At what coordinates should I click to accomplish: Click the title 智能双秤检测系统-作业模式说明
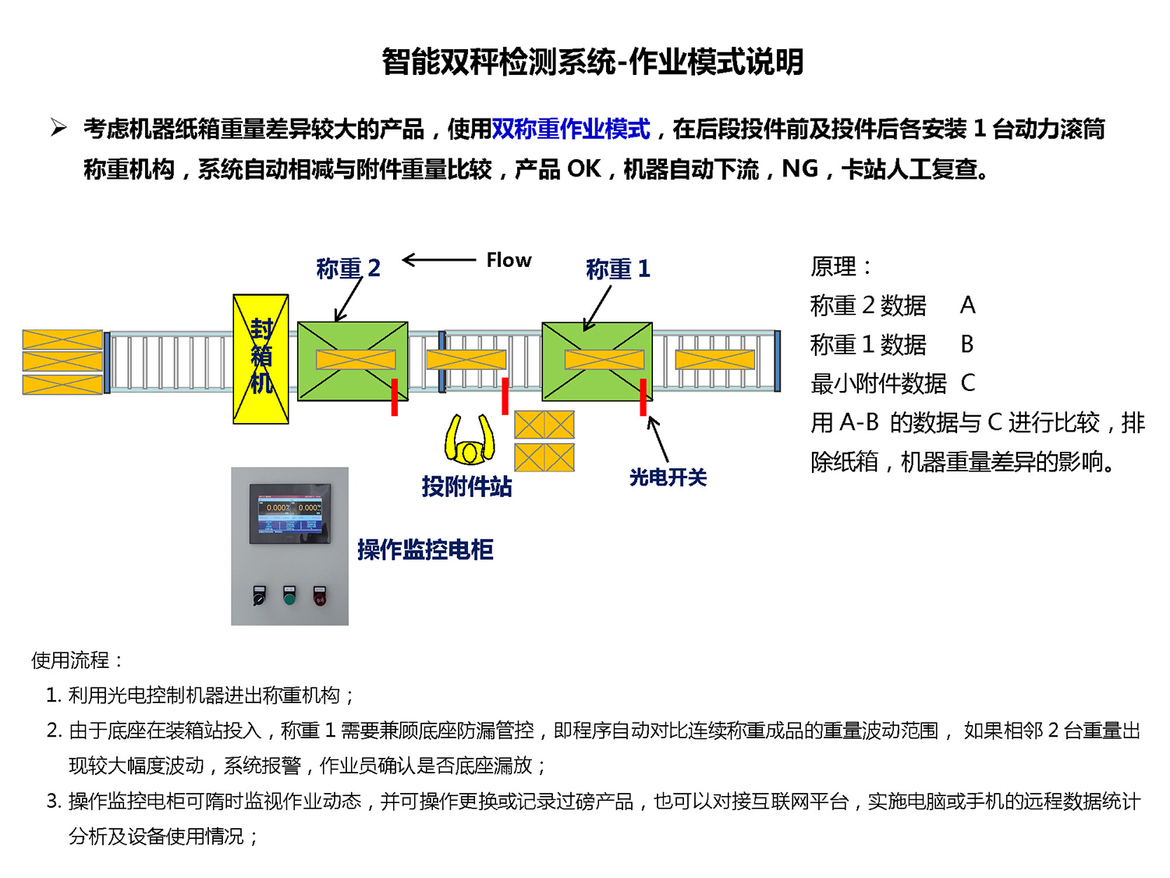click(593, 62)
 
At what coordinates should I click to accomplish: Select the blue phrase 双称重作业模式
click(571, 129)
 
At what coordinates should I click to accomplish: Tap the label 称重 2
click(348, 268)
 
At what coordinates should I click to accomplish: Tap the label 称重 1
click(618, 269)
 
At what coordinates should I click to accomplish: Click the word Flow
click(509, 260)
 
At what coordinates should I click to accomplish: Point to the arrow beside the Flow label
click(438, 260)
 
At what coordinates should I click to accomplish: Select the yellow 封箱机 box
click(261, 359)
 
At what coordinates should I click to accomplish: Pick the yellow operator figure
click(470, 441)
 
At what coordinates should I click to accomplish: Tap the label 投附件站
click(466, 486)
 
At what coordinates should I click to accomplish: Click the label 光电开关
click(668, 477)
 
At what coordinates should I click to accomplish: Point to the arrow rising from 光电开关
click(658, 439)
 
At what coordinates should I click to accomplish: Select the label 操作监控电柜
click(425, 549)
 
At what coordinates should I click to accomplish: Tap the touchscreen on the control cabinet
click(289, 513)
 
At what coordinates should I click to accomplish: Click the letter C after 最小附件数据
click(968, 383)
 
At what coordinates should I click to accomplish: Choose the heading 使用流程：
click(77, 660)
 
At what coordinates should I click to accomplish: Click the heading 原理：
click(840, 267)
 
